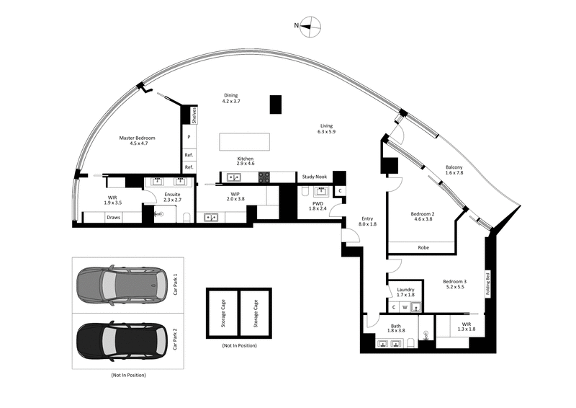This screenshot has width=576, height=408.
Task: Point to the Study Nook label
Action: click(315, 177)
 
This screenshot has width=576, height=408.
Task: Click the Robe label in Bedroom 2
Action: click(425, 248)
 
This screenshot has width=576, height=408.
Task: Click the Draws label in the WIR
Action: click(114, 217)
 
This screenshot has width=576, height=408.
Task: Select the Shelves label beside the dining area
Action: click(194, 115)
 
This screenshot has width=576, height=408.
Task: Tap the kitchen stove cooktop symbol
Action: click(264, 177)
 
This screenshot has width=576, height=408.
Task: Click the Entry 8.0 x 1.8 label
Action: click(367, 221)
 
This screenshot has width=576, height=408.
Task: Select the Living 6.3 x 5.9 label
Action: click(328, 129)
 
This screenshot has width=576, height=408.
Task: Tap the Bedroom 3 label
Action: click(454, 283)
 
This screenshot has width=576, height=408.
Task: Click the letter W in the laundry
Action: click(405, 307)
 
